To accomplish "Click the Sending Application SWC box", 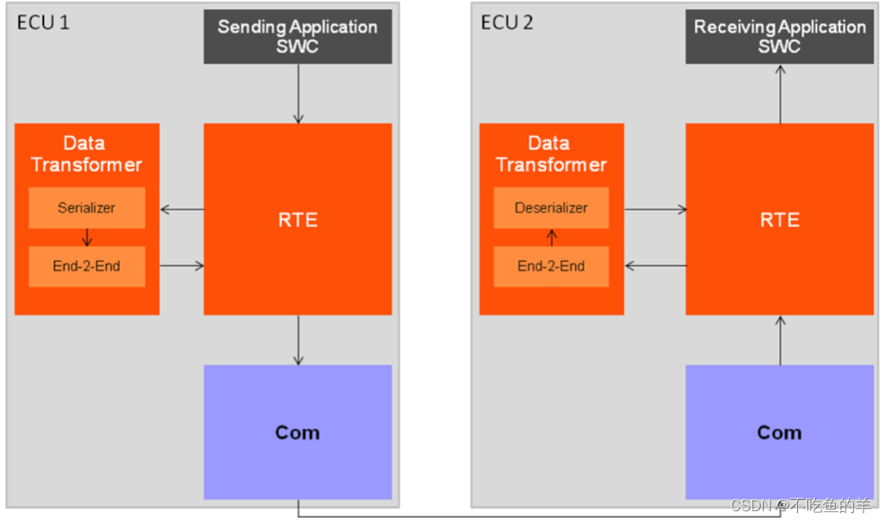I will coord(297,37).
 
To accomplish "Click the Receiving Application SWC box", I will coord(779,37).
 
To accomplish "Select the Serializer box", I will coord(87,208).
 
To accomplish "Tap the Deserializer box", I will coord(551,208).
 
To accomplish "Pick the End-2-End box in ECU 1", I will coord(87,266).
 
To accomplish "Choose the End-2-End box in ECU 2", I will coord(551,266).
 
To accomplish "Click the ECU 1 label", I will coord(43,22).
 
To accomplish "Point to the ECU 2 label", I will coord(507,22).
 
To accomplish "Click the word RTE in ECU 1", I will coord(297,220).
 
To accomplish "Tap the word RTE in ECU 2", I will coord(779,220).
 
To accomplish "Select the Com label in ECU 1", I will coord(297,433).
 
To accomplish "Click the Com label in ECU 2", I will coord(779,433).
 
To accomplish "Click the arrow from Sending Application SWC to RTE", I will coord(298,93).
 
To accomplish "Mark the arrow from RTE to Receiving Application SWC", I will coord(780,93).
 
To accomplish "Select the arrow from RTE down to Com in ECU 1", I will coord(298,339).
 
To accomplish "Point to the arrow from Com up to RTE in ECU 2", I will coord(780,339).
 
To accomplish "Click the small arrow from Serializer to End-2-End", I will coord(87,237).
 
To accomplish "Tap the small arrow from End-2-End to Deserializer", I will coord(551,237).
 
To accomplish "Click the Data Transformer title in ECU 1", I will coord(86,154).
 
